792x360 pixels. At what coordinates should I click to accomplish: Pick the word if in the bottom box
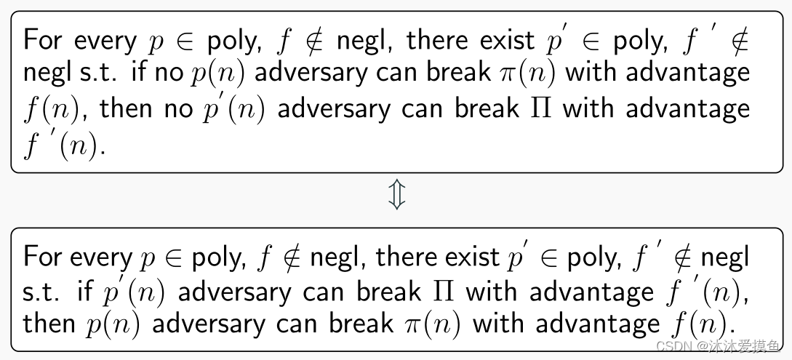click(86, 292)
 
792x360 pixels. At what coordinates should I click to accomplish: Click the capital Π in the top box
click(542, 108)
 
